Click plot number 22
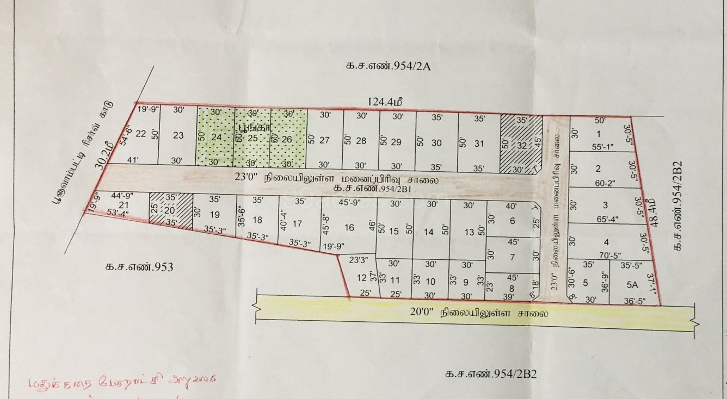[140, 134]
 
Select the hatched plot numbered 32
[521, 145]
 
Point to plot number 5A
[631, 283]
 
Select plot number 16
[349, 227]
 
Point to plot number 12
[361, 278]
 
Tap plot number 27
[324, 140]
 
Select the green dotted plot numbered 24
[216, 137]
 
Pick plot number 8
[512, 289]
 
